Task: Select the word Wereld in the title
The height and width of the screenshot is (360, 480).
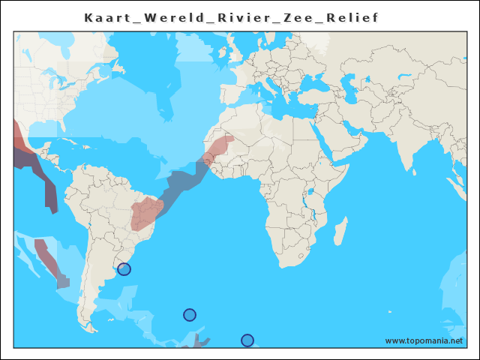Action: tap(165, 18)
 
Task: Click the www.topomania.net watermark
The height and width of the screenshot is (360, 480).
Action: tap(424, 341)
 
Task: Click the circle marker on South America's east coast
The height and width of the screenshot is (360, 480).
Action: tap(124, 269)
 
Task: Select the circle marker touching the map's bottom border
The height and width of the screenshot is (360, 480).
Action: tap(247, 340)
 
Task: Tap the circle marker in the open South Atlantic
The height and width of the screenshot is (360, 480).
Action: tap(190, 315)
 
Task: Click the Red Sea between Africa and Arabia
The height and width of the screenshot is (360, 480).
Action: tap(323, 136)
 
